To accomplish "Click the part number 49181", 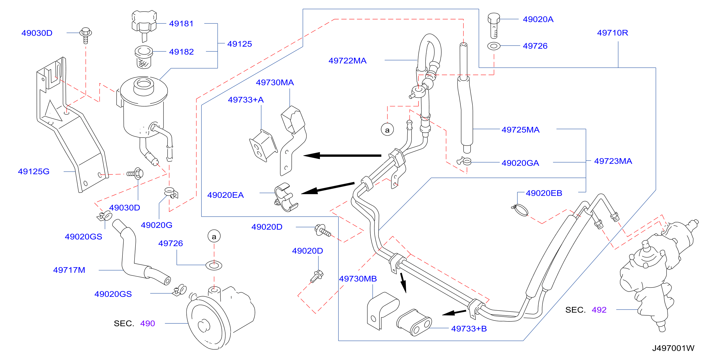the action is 181,24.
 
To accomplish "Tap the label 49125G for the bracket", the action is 34,171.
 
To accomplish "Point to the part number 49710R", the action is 612,33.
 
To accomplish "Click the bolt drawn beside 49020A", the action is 494,25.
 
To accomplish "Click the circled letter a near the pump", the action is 214,236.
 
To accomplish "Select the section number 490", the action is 147,324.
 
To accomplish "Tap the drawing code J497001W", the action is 673,348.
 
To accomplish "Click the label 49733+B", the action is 469,329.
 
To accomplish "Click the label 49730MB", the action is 358,279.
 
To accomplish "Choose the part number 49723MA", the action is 613,161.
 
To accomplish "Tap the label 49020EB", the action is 544,193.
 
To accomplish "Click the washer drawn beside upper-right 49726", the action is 494,46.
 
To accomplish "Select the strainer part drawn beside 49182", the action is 144,57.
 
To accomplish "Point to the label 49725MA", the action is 521,130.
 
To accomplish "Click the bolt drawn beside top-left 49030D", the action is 86,35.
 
